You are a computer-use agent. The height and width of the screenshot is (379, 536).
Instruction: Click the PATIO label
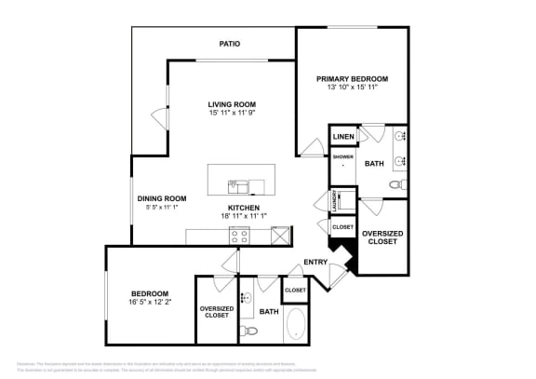(x=230, y=44)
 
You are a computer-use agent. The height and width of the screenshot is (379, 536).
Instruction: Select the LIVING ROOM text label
(x=232, y=104)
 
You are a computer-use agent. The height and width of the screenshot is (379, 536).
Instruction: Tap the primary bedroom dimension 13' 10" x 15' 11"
(x=351, y=88)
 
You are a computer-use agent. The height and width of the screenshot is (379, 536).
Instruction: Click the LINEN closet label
(x=342, y=138)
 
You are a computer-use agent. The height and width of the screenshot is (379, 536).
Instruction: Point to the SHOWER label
(x=342, y=156)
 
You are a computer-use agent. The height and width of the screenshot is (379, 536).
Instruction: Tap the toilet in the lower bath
(x=247, y=330)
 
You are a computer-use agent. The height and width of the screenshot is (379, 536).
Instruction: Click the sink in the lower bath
(x=247, y=299)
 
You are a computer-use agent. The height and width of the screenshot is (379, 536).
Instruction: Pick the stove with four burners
(x=239, y=236)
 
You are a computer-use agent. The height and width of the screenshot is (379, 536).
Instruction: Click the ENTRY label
(x=315, y=263)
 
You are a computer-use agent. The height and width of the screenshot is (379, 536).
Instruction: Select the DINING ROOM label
(x=162, y=198)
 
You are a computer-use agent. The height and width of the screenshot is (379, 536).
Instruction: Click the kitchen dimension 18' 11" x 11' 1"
(x=244, y=216)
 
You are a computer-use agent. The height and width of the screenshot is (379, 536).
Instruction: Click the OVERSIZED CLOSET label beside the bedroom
(x=216, y=312)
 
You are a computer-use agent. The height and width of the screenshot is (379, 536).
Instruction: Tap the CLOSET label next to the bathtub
(x=295, y=291)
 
